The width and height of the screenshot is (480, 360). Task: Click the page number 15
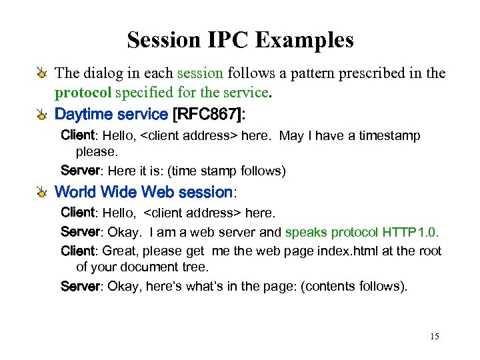(434, 336)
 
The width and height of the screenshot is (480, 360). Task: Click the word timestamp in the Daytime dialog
(390, 135)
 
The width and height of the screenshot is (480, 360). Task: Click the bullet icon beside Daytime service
(43, 115)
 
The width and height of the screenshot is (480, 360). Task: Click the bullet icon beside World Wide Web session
(43, 193)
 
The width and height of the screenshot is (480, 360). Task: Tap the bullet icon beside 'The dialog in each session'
(43, 73)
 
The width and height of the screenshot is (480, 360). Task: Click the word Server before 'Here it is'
(79, 171)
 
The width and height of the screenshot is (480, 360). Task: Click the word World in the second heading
(75, 192)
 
